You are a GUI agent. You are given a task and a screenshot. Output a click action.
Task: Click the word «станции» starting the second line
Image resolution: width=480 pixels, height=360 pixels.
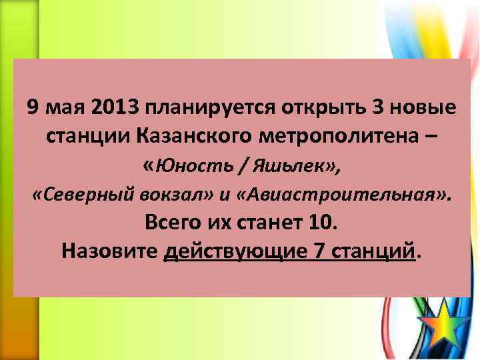89,136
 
